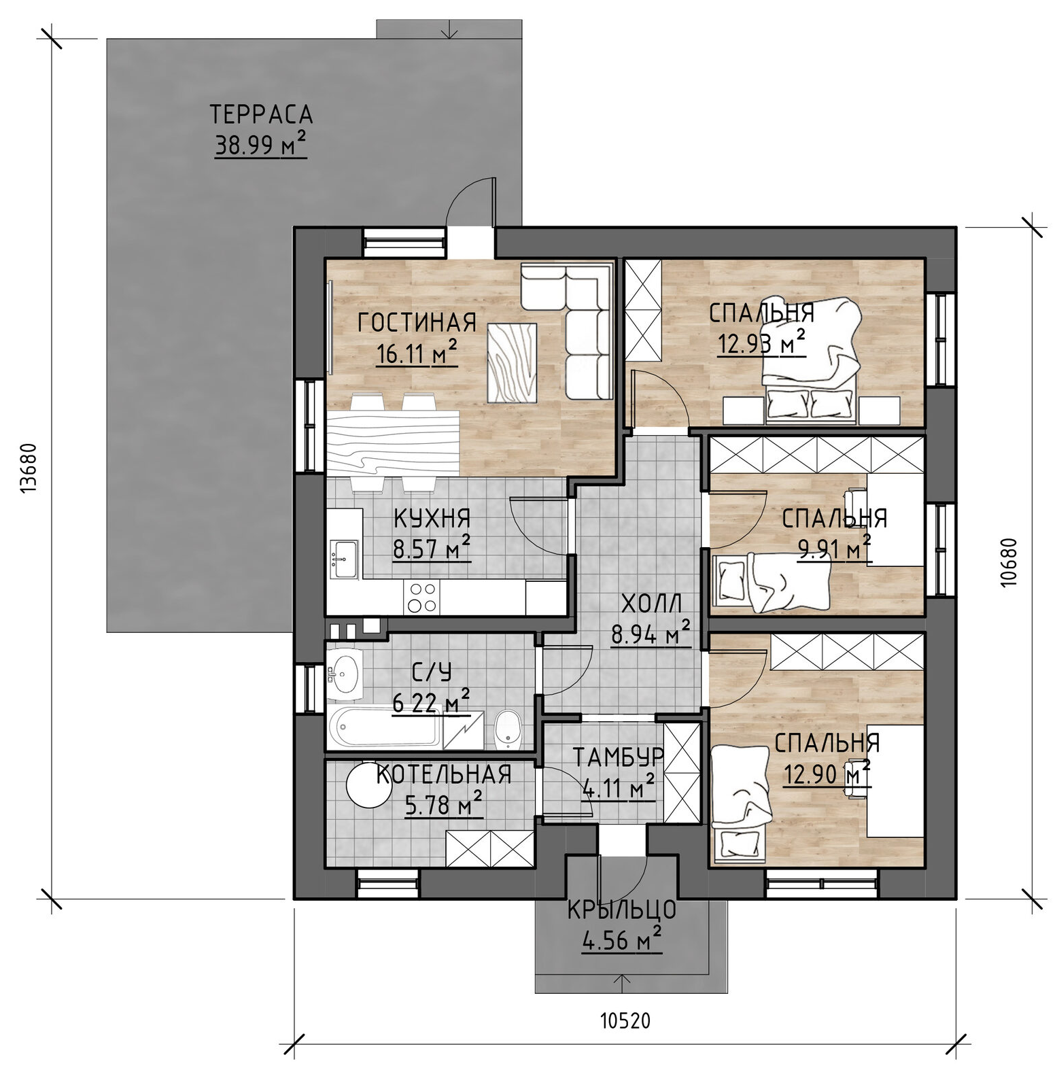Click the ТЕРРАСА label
(x=261, y=114)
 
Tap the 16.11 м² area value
(x=416, y=353)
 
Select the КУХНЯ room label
(x=432, y=519)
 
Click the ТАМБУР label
(x=618, y=757)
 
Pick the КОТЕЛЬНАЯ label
(x=444, y=775)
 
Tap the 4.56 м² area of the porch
(x=621, y=941)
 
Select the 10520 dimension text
(x=625, y=1020)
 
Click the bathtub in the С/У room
(x=384, y=728)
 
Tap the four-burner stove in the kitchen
(x=421, y=598)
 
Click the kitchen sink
(x=344, y=558)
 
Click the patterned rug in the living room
(x=513, y=362)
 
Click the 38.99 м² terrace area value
(x=260, y=145)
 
